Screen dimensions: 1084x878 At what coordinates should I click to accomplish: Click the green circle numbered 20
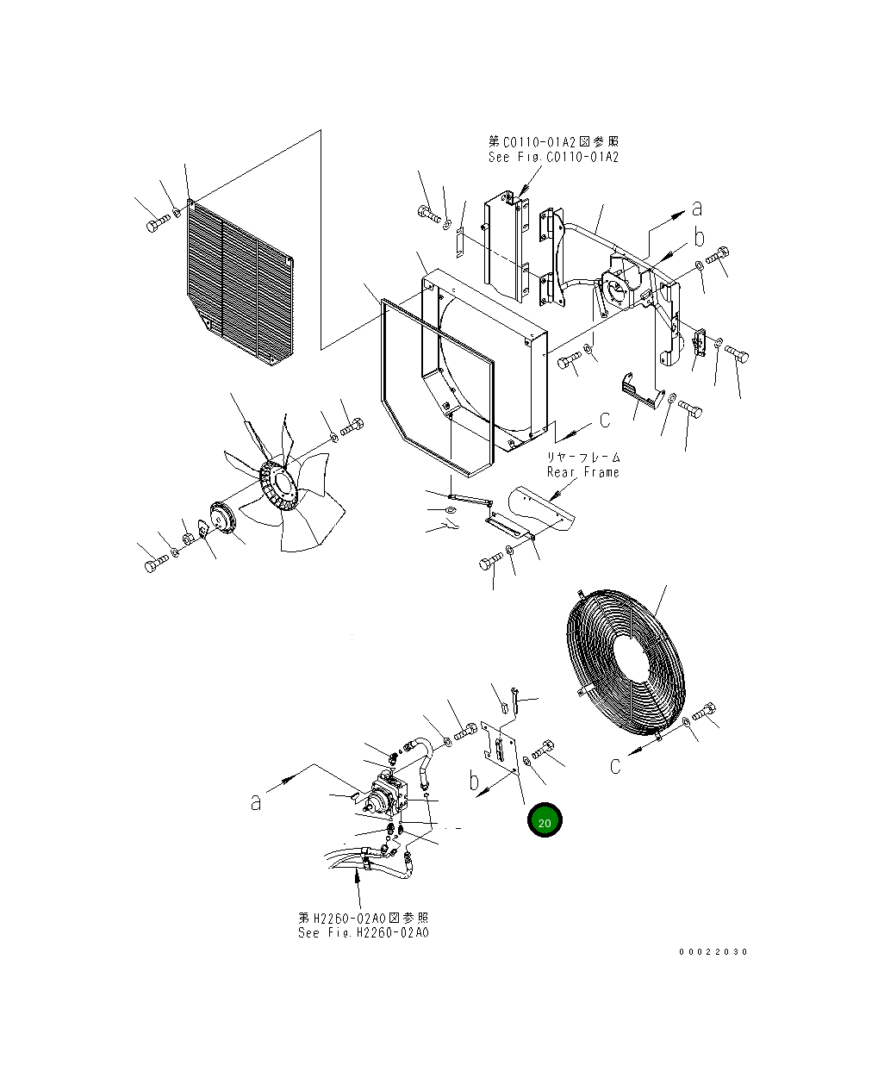tap(545, 821)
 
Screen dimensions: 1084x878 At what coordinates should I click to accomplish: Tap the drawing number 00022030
tap(713, 952)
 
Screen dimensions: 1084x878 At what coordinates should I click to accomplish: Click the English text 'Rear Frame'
tap(583, 472)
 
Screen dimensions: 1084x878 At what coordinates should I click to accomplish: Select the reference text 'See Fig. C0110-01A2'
tap(553, 157)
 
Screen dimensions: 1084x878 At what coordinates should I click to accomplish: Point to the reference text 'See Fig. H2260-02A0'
tap(363, 933)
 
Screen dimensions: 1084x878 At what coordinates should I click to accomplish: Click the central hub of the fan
tap(279, 489)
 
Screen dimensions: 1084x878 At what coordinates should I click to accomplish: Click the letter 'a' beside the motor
tap(256, 802)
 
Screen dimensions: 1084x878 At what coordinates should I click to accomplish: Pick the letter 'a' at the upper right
tap(697, 208)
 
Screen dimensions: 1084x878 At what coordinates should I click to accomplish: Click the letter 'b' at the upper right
tap(700, 237)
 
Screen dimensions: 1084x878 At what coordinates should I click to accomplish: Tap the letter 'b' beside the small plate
tap(474, 782)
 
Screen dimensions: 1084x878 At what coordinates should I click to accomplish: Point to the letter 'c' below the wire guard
tap(615, 766)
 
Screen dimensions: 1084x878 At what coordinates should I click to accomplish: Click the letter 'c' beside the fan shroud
tap(605, 420)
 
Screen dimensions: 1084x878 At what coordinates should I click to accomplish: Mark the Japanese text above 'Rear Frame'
tap(583, 458)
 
